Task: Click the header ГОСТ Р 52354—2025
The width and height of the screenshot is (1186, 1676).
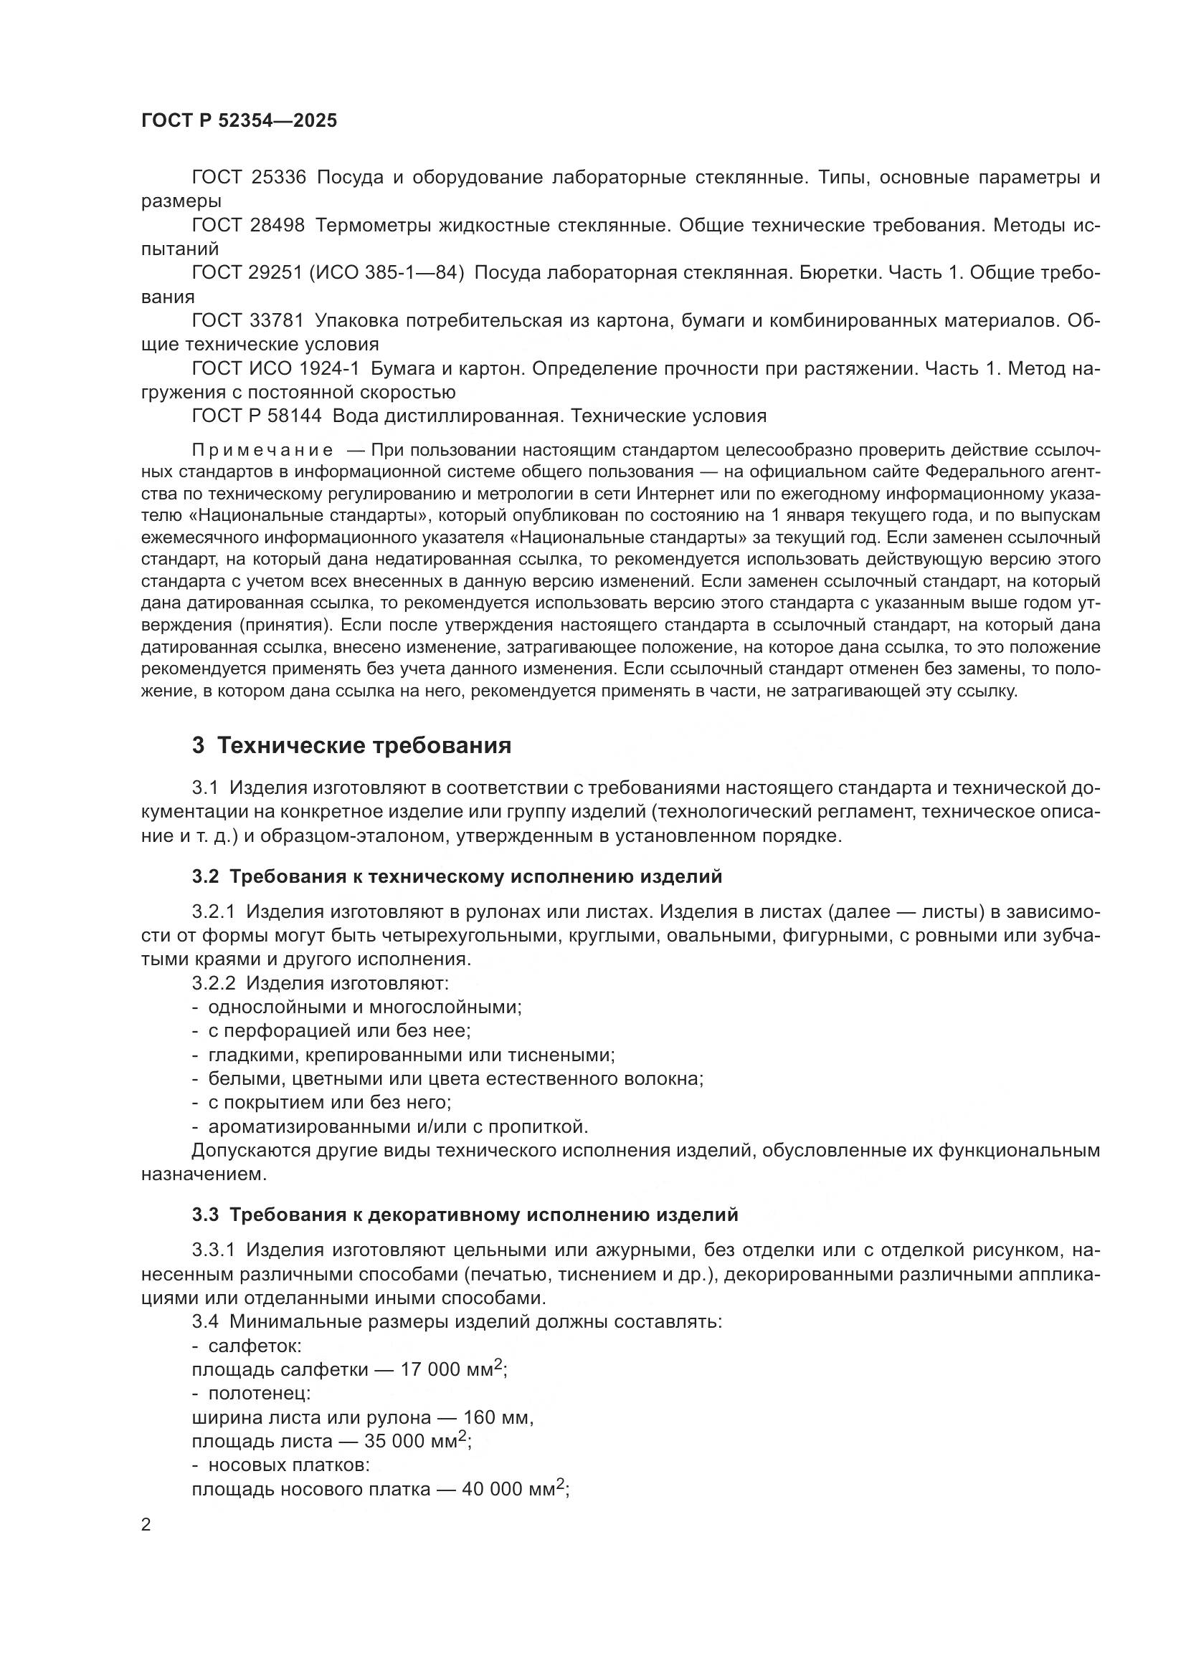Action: (239, 120)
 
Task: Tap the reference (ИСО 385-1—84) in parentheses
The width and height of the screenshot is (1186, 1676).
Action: (387, 273)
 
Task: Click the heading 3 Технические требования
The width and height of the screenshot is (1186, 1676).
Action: (352, 746)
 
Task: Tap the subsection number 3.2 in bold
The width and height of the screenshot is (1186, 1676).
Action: (205, 876)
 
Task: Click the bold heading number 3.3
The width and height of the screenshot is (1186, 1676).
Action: (205, 1215)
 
